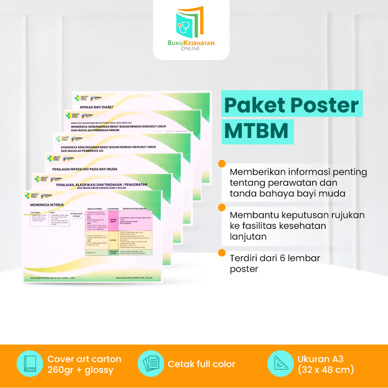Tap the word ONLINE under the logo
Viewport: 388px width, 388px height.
191,48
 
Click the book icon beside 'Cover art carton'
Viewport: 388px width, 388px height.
30,364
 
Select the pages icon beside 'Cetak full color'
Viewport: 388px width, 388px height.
150,364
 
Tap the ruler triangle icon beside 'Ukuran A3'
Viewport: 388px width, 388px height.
280,364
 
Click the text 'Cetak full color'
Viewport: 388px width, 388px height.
202,364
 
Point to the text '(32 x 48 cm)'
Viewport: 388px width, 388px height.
325,369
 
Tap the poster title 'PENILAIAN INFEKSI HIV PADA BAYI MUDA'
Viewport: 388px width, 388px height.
87,169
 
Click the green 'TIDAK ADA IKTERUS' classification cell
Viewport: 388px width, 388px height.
113,252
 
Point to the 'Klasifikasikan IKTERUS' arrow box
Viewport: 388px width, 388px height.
77,215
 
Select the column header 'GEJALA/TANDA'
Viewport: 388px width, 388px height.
96,209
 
